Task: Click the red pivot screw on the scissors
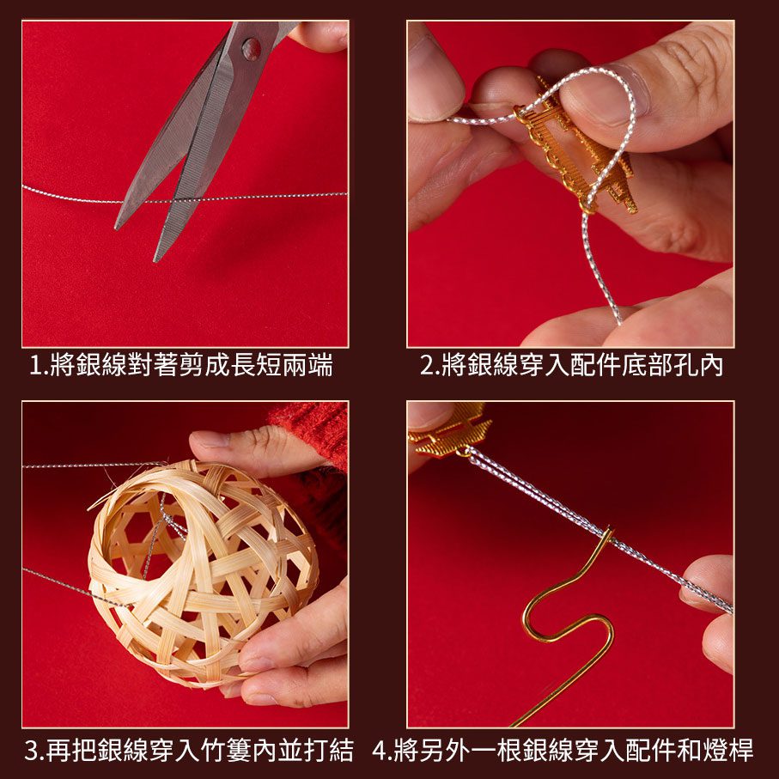(x=251, y=49)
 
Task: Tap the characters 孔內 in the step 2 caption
(x=697, y=365)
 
